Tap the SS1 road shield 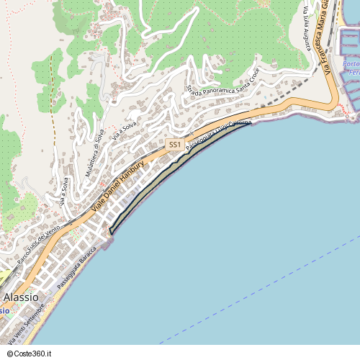[x=174, y=145]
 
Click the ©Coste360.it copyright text [x=36, y=354]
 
